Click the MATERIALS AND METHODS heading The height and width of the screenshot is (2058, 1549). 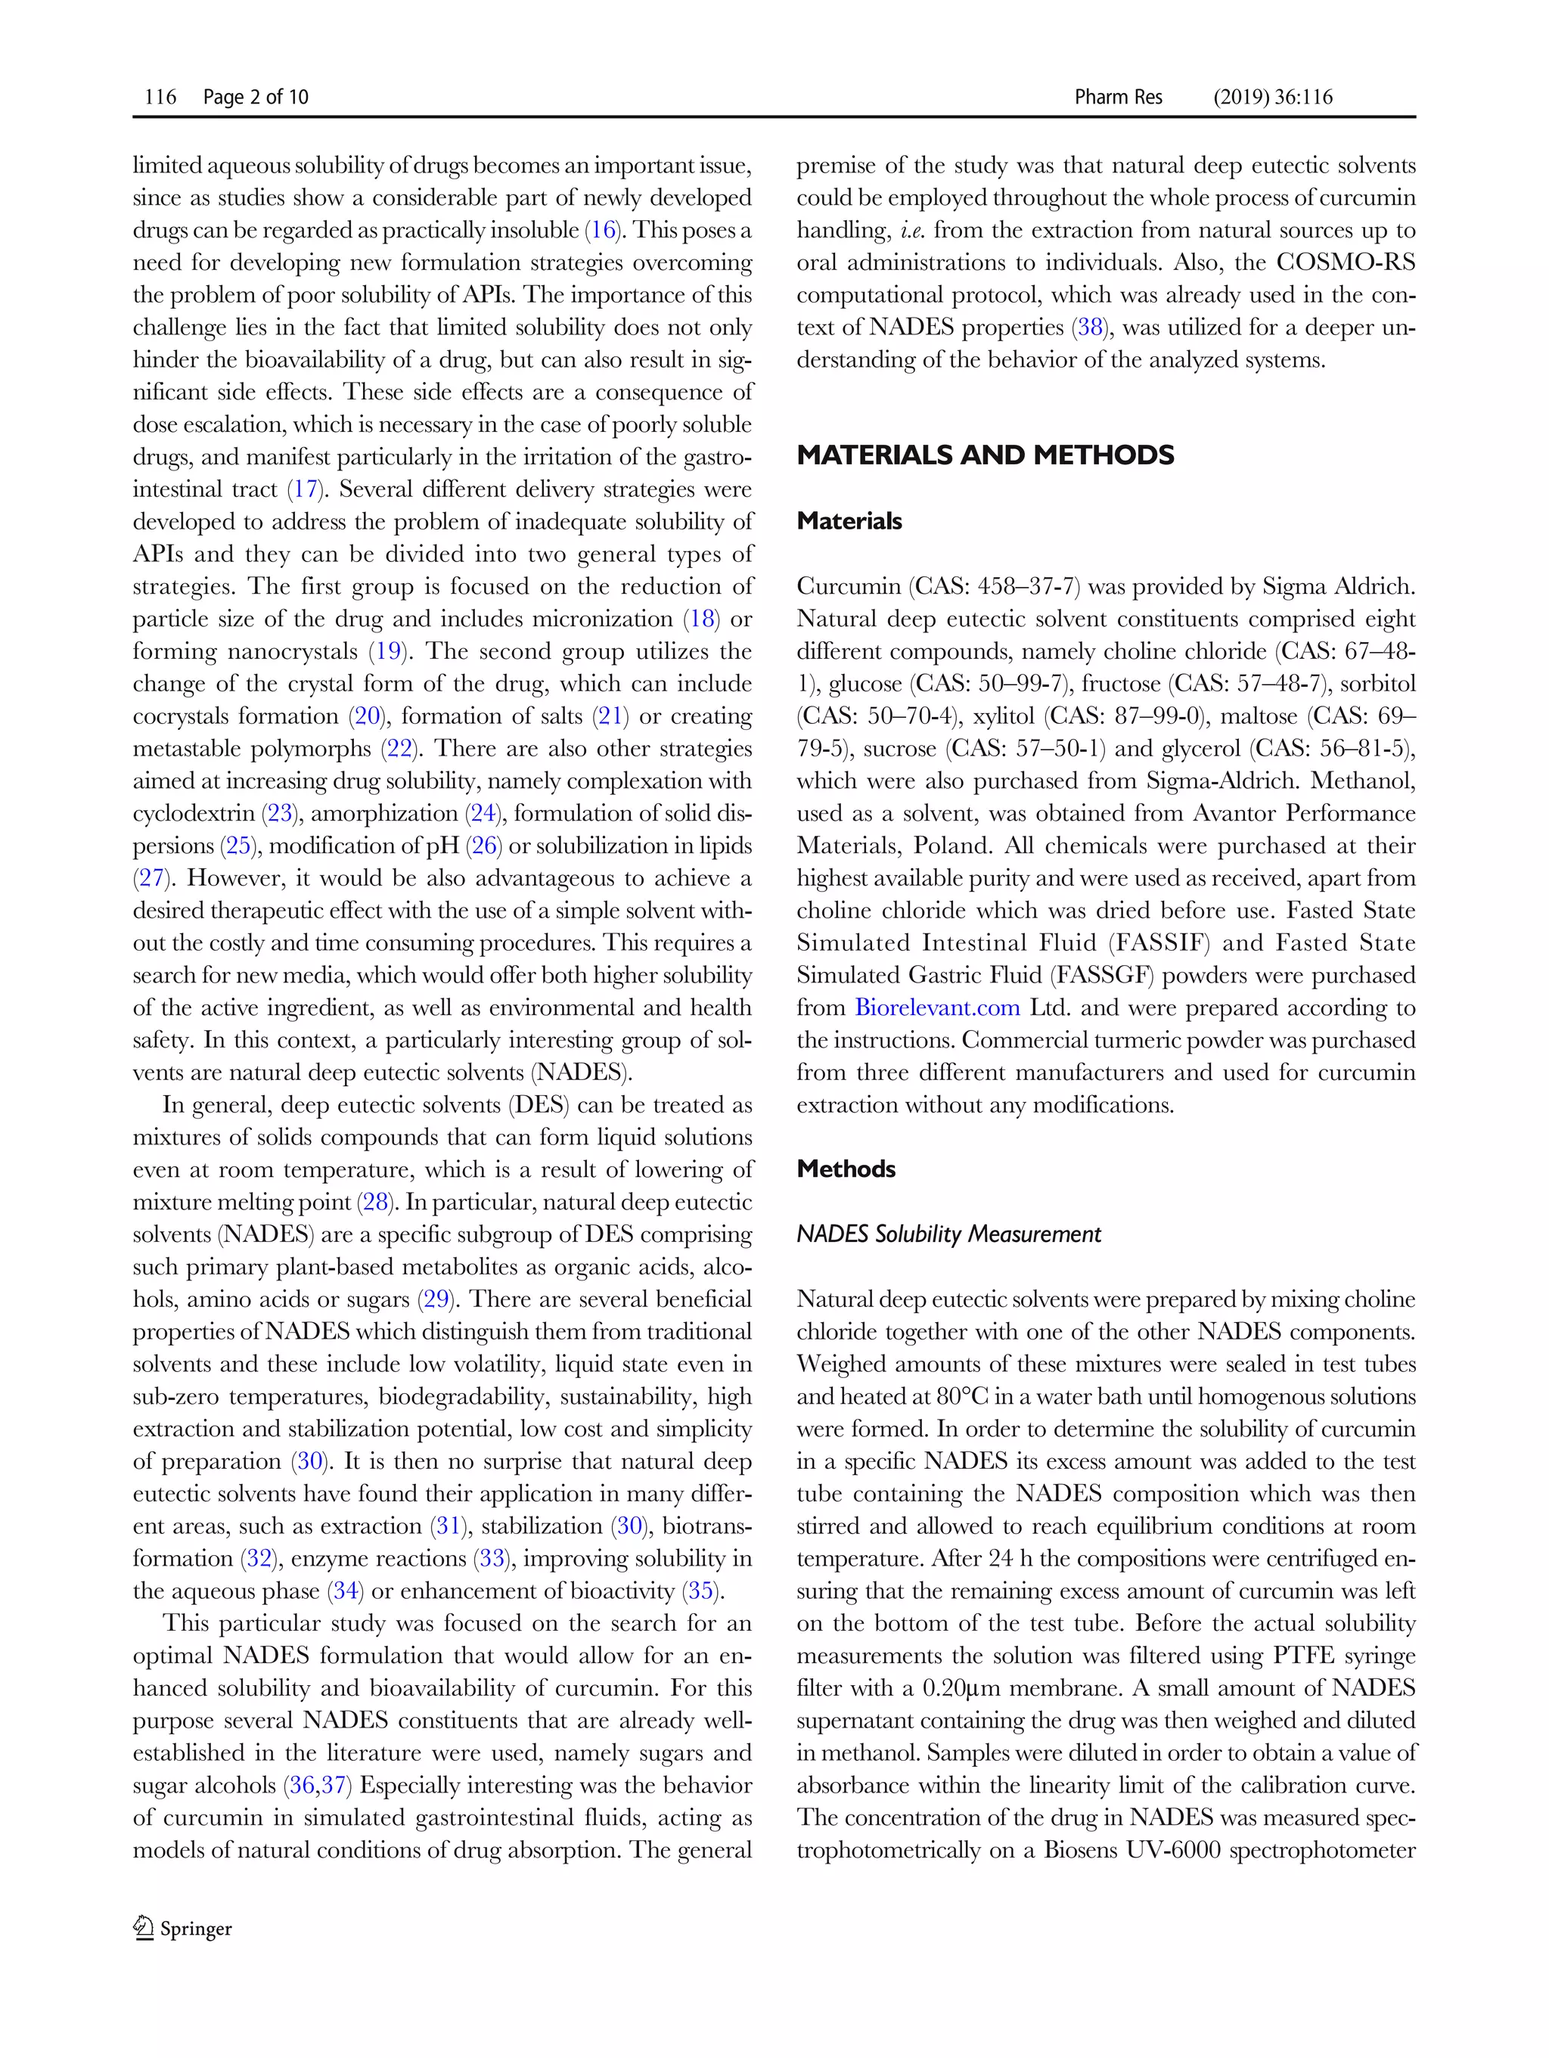pos(986,455)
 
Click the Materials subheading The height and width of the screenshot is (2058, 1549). pos(849,521)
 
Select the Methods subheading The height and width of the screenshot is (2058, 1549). pos(846,1169)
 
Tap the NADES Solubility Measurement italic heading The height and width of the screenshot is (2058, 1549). pos(948,1234)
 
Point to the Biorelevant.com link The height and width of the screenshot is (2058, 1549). pos(937,1007)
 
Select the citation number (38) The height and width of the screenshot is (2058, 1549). pos(1089,327)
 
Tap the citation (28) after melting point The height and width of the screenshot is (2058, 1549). pos(377,1202)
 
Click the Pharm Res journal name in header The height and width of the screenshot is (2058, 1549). pos(1117,97)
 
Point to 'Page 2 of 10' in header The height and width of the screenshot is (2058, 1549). pos(255,97)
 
